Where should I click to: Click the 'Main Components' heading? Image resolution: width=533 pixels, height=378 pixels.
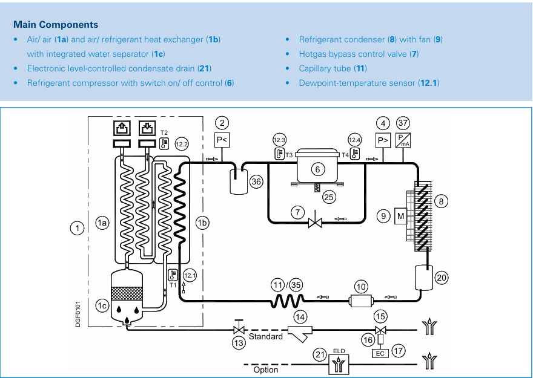tap(56, 24)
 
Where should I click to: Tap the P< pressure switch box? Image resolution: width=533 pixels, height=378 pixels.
tap(222, 140)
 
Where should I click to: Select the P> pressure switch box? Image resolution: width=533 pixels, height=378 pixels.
tap(383, 140)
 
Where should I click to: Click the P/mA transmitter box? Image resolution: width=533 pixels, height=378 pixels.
tap(403, 140)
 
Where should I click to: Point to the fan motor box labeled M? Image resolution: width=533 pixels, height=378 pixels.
tap(401, 216)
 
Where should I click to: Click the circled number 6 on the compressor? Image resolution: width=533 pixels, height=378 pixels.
tap(318, 169)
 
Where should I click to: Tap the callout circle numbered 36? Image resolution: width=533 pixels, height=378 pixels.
tap(256, 181)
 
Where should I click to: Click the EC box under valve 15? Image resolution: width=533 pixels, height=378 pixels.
tap(380, 353)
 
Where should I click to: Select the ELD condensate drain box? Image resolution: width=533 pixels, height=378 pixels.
tap(339, 364)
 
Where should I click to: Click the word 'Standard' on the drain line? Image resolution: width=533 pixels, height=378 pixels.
tap(265, 336)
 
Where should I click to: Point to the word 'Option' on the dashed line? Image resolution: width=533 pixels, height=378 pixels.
tap(265, 370)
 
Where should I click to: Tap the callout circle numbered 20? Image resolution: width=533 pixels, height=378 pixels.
tap(441, 278)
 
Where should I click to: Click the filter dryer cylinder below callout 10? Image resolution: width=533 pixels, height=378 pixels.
tap(361, 301)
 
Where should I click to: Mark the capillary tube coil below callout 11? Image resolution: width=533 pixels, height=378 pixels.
tap(288, 301)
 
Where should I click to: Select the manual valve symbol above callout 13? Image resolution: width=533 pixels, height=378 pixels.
tap(239, 327)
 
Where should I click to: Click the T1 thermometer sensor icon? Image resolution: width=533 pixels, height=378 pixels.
tap(173, 275)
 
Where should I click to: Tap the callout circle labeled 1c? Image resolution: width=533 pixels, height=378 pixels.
tap(102, 305)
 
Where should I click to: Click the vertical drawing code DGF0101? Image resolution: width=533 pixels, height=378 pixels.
tap(78, 314)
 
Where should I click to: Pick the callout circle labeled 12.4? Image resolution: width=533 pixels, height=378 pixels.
tap(354, 140)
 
